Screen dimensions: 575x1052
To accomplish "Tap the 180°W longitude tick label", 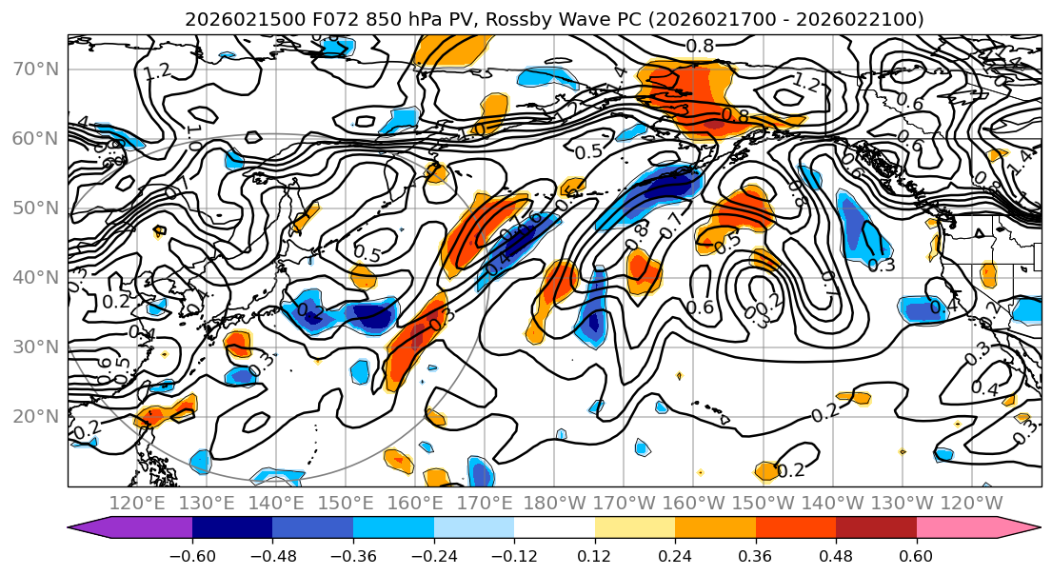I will [x=554, y=503].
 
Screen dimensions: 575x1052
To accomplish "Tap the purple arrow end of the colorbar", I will [x=89, y=529].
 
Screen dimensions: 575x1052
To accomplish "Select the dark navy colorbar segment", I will [x=232, y=529].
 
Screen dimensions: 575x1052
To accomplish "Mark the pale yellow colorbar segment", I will [x=635, y=529].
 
